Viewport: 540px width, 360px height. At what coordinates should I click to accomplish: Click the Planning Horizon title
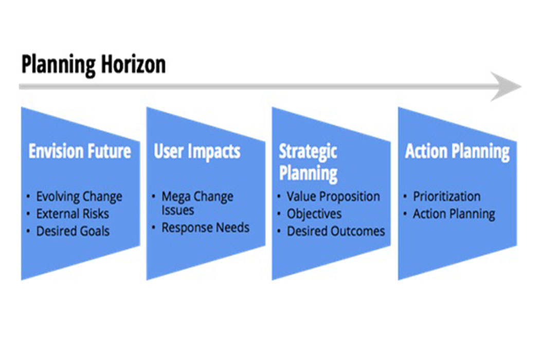(93, 65)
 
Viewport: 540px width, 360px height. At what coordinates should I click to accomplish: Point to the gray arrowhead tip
(521, 86)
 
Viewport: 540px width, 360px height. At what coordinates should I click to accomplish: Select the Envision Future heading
(80, 151)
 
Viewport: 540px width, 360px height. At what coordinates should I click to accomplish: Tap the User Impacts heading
(197, 152)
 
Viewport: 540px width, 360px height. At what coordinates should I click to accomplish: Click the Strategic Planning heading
(308, 162)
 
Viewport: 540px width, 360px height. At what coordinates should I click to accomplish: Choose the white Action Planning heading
(457, 152)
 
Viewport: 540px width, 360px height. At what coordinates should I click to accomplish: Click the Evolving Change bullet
(79, 196)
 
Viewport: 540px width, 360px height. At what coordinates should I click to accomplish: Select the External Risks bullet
(73, 214)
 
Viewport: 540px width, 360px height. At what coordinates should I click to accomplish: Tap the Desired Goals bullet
(73, 231)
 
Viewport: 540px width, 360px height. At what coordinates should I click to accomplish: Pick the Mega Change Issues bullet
(197, 203)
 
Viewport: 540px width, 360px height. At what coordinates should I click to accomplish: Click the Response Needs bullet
(206, 228)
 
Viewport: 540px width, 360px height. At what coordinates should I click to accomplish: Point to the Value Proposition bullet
(333, 196)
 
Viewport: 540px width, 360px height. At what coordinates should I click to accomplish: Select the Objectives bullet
(314, 214)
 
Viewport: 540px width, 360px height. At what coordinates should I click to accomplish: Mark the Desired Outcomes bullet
(336, 231)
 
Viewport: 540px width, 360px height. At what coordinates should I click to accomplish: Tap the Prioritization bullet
(447, 196)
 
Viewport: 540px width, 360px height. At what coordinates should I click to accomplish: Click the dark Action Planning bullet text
(454, 214)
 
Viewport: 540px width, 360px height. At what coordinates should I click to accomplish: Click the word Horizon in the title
(134, 64)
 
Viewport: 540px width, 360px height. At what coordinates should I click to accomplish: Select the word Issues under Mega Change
(178, 210)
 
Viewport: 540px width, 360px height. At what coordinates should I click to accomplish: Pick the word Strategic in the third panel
(308, 152)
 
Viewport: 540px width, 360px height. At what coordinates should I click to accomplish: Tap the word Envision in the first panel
(56, 151)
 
